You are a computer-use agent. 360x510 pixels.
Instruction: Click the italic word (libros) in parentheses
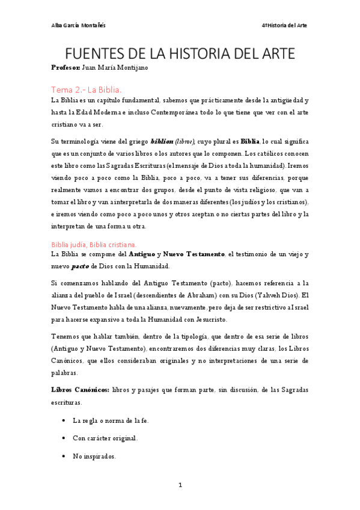(x=185, y=141)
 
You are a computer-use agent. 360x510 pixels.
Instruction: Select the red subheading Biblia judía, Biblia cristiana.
(x=94, y=244)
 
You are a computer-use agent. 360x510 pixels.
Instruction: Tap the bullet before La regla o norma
(x=63, y=420)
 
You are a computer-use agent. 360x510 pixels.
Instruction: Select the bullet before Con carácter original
(x=63, y=438)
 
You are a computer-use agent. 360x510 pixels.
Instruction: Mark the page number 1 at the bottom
(x=180, y=484)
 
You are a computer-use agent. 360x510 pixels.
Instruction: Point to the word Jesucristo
(x=208, y=319)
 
